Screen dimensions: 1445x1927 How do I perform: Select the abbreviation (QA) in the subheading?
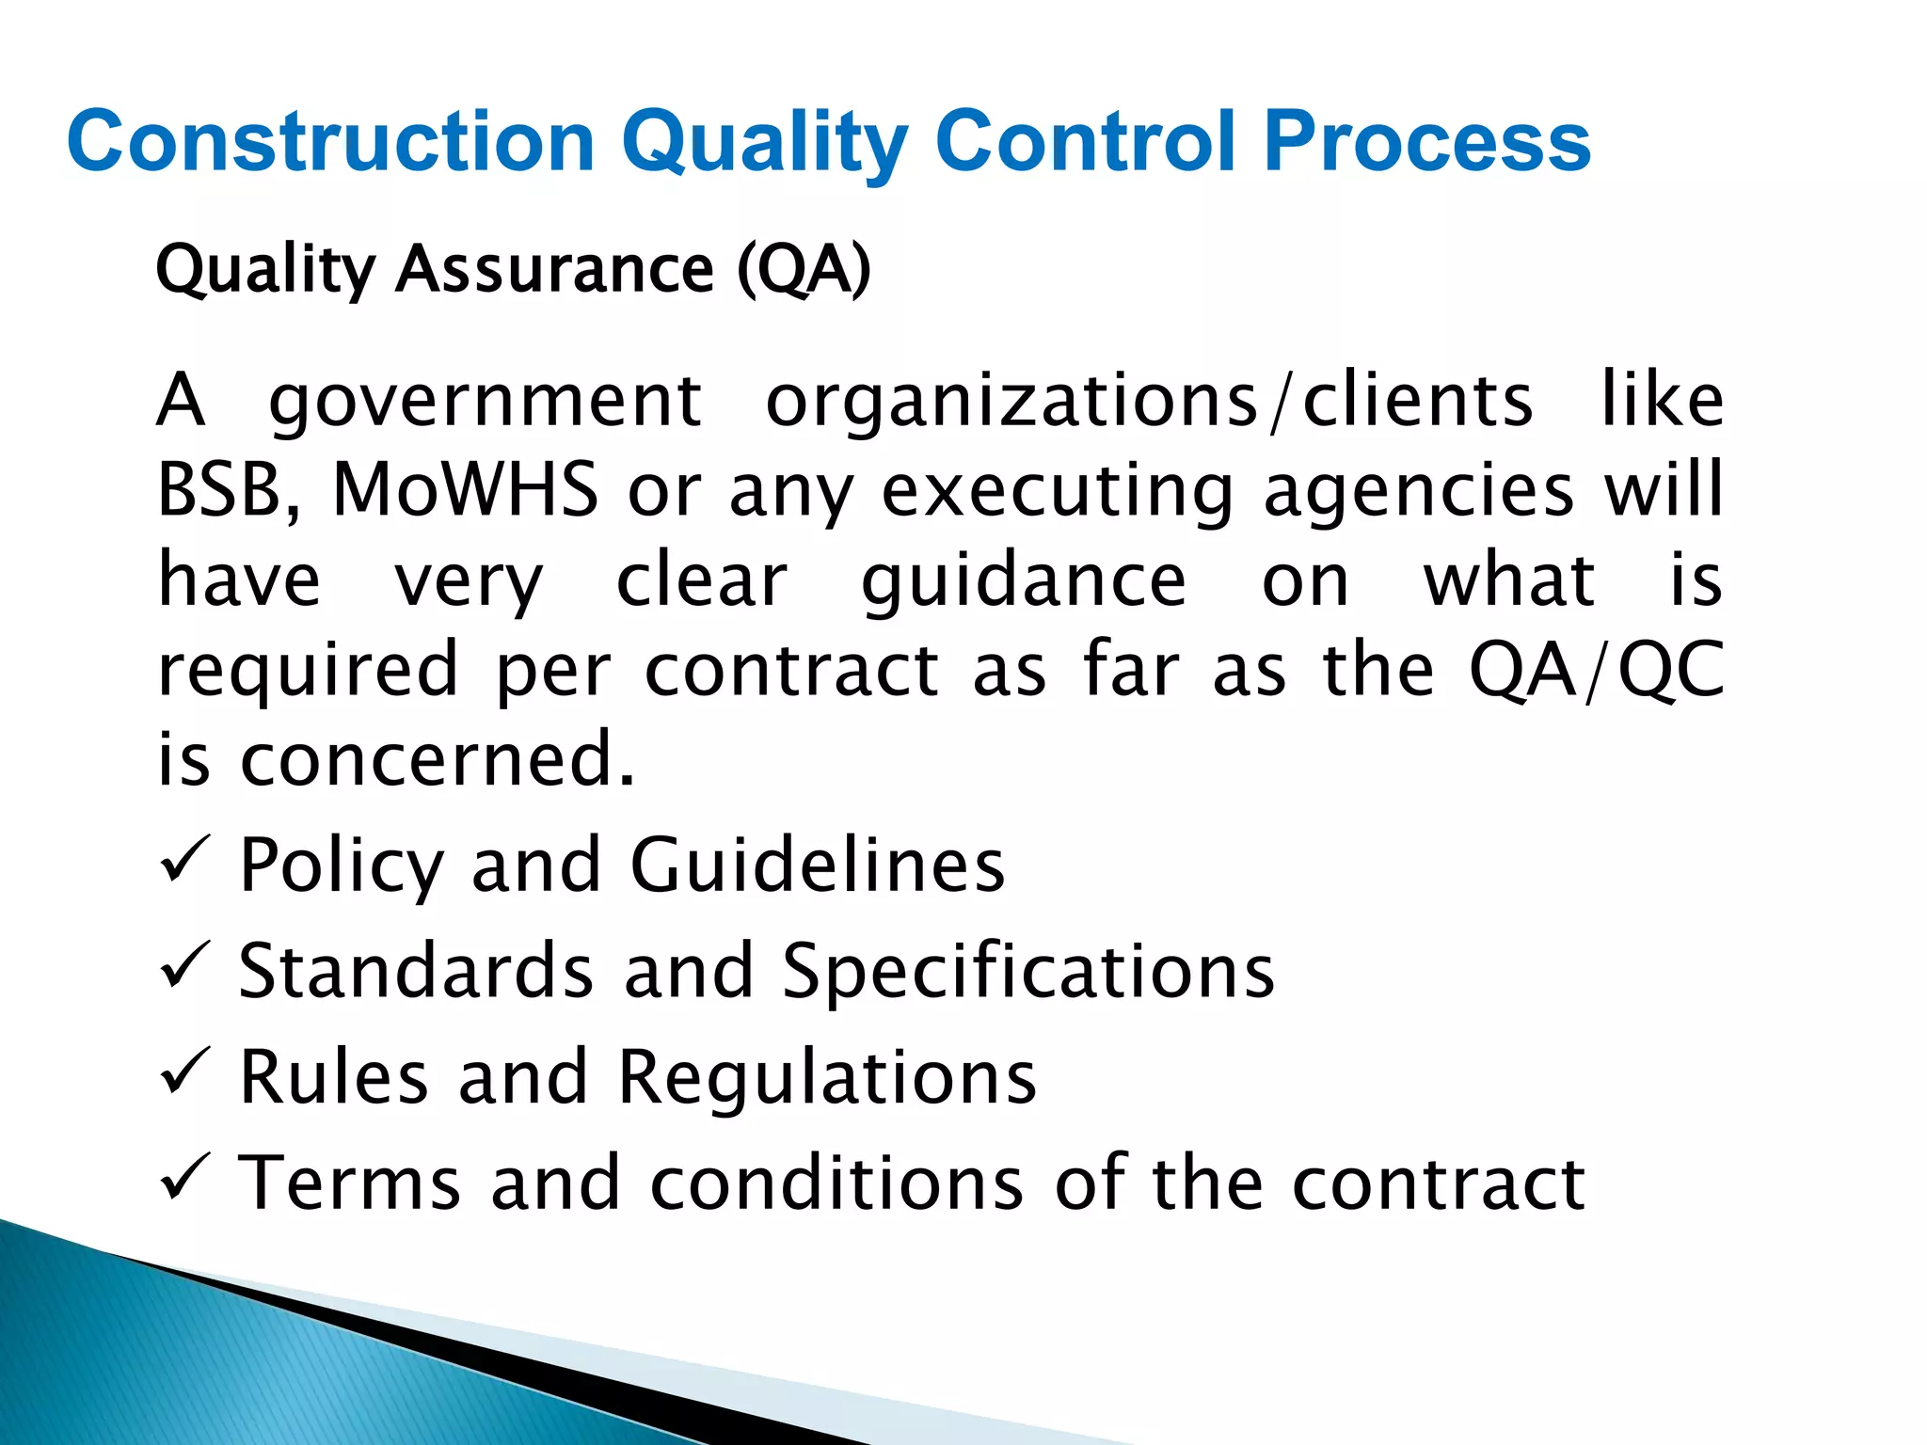pyautogui.click(x=804, y=270)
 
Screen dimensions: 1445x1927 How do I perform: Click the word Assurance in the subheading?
pyautogui.click(x=555, y=270)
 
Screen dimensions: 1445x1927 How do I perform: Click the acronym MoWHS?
pyautogui.click(x=465, y=489)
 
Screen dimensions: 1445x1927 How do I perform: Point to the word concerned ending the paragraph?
pyautogui.click(x=438, y=759)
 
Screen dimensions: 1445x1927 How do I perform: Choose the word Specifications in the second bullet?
pyautogui.click(x=1028, y=971)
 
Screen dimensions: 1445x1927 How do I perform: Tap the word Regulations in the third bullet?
pyautogui.click(x=827, y=1077)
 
